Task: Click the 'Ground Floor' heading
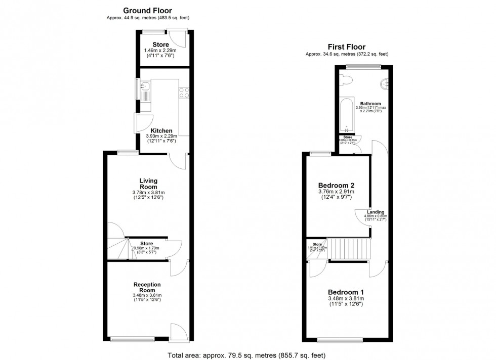point(147,10)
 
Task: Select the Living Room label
point(149,184)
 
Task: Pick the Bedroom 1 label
point(346,292)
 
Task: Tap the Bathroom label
point(367,104)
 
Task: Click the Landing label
point(376,212)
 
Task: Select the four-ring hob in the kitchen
point(183,92)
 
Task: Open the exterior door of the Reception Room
point(179,332)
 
